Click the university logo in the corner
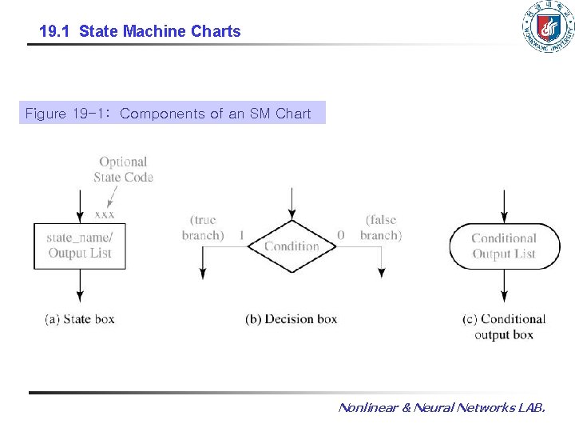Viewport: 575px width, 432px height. [549, 26]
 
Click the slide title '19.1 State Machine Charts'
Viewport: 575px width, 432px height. [140, 31]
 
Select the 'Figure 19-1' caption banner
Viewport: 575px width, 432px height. [172, 113]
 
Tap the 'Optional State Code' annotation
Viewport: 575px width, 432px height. [123, 170]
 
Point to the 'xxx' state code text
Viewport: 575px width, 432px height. [105, 214]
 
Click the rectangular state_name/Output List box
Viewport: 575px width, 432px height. [80, 246]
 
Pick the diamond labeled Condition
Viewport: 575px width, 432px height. [292, 246]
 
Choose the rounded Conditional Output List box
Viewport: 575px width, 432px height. [505, 246]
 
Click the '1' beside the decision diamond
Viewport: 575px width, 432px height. [242, 234]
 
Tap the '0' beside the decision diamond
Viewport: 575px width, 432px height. [341, 234]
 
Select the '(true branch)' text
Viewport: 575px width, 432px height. [203, 227]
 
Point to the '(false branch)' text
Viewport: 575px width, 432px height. [381, 227]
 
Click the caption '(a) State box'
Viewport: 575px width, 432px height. [80, 319]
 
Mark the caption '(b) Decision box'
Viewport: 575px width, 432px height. [291, 319]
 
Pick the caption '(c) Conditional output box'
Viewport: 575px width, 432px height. [504, 326]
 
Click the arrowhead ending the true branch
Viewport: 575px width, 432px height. [203, 274]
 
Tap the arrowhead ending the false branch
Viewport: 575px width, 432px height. [382, 273]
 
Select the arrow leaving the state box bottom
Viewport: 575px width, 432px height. [80, 286]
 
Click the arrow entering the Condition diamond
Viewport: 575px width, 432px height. [292, 204]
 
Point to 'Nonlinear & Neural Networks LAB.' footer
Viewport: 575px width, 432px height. [442, 407]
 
